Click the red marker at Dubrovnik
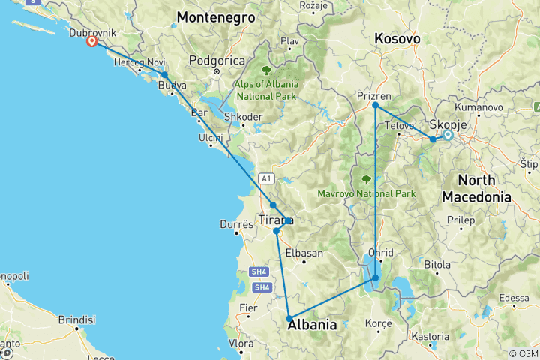tap(91, 42)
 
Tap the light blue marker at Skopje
tap(448, 135)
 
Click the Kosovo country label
tap(397, 39)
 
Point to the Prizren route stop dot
tap(375, 106)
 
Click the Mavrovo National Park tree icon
tap(367, 179)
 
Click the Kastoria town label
tap(430, 337)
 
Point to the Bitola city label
tap(436, 264)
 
